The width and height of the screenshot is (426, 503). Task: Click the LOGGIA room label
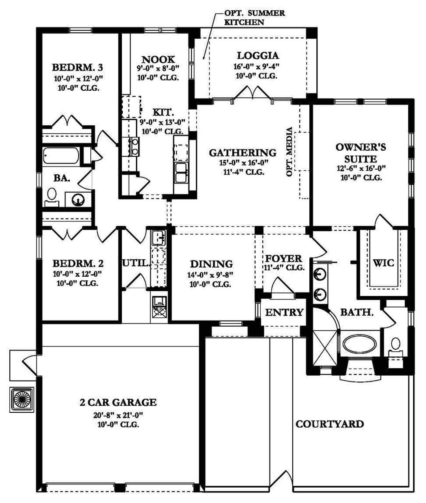[258, 56]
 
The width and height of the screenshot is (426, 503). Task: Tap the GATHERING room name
[243, 153]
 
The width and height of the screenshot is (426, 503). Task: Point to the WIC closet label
[383, 263]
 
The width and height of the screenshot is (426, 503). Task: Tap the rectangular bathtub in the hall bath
[61, 156]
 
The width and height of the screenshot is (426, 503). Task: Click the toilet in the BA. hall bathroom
[52, 197]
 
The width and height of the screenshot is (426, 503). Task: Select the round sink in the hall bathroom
[78, 200]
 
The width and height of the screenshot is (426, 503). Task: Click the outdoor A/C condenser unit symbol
[22, 400]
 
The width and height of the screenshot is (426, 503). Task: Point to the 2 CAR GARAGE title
[118, 402]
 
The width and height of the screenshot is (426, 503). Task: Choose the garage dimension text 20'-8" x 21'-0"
[118, 415]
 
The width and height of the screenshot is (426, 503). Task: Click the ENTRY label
[284, 312]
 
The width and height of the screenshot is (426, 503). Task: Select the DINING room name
[211, 264]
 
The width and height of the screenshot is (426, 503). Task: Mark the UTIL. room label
[135, 263]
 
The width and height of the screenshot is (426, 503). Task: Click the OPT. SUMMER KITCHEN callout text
[254, 17]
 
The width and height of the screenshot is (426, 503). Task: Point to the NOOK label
[158, 60]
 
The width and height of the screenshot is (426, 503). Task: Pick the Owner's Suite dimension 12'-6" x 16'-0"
[361, 168]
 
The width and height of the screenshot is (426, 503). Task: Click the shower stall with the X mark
[325, 348]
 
